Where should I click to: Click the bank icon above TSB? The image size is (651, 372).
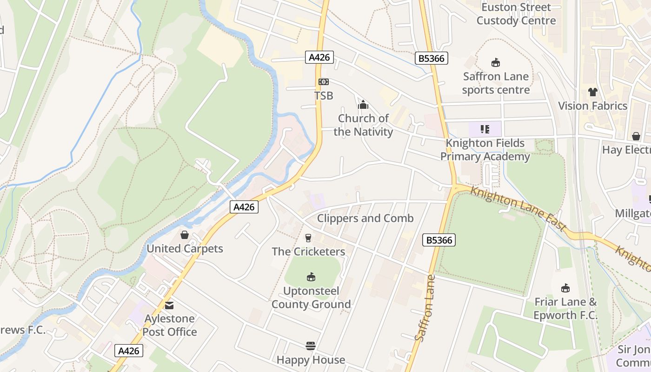pyautogui.click(x=323, y=82)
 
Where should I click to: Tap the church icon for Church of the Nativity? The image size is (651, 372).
pyautogui.click(x=363, y=105)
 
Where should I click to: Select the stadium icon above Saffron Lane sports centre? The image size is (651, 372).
pyautogui.click(x=496, y=63)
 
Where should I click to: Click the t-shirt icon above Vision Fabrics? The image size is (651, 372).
pyautogui.click(x=592, y=92)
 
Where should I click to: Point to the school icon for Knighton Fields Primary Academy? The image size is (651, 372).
pyautogui.click(x=485, y=129)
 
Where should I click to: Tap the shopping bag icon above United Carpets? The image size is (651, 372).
pyautogui.click(x=185, y=235)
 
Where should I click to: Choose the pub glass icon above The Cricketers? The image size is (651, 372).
pyautogui.click(x=308, y=238)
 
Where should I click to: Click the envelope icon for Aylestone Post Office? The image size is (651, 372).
pyautogui.click(x=170, y=306)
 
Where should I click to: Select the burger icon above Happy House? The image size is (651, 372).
pyautogui.click(x=311, y=346)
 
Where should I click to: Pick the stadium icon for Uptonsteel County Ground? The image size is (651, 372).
pyautogui.click(x=311, y=278)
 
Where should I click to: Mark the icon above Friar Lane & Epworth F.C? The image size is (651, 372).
pyautogui.click(x=565, y=288)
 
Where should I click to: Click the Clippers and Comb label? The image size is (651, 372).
pyautogui.click(x=365, y=218)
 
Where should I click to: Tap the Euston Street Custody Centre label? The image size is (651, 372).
pyautogui.click(x=516, y=14)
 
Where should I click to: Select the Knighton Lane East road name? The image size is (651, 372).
pyautogui.click(x=518, y=209)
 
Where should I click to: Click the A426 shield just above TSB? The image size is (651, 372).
pyautogui.click(x=319, y=57)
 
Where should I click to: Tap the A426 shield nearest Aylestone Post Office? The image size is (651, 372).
pyautogui.click(x=129, y=351)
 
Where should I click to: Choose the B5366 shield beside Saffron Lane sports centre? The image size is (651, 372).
pyautogui.click(x=432, y=58)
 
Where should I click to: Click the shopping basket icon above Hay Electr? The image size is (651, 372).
pyautogui.click(x=636, y=136)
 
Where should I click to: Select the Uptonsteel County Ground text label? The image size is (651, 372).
pyautogui.click(x=311, y=298)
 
